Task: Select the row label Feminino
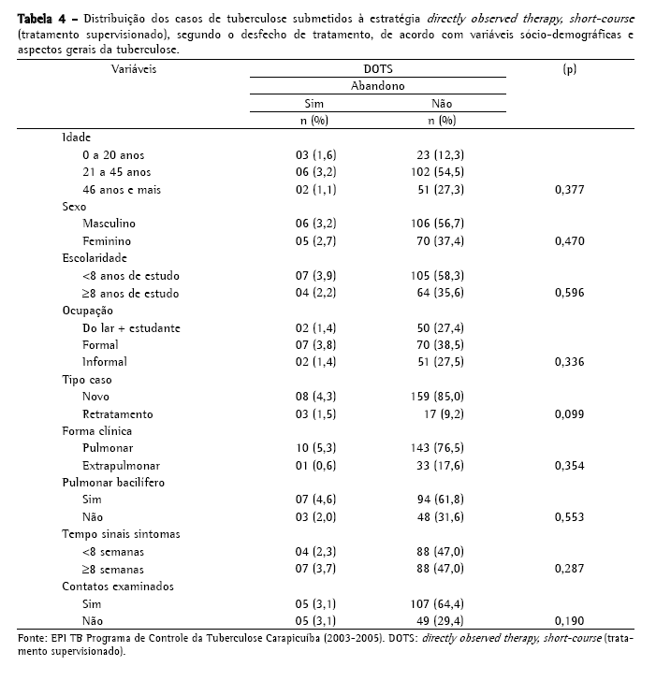108,241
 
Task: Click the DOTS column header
378,69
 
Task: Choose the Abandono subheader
378,85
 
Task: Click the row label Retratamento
118,414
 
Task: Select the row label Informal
105,362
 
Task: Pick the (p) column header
569,69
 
